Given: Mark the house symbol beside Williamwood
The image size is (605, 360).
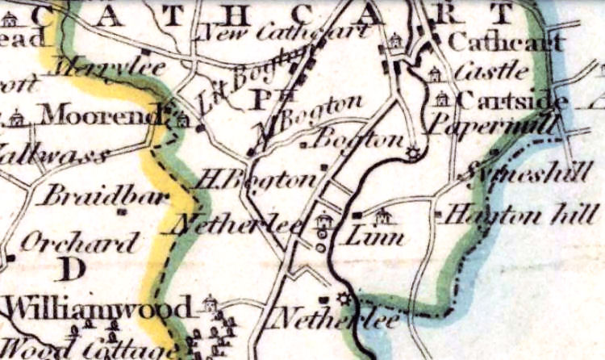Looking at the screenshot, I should coord(210,304).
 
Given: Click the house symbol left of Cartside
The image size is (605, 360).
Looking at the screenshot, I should coord(440,98).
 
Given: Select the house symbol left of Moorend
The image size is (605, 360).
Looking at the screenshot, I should coord(16,119).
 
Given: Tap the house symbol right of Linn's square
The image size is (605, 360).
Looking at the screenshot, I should coord(384,216).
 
